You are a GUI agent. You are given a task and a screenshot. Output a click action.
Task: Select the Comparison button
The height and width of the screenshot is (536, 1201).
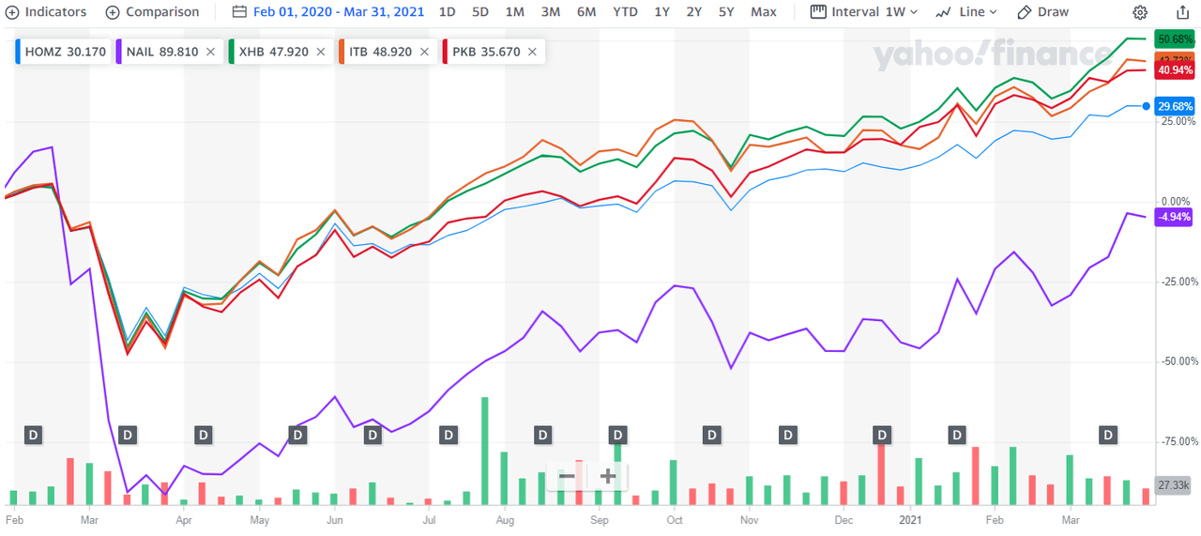click(152, 12)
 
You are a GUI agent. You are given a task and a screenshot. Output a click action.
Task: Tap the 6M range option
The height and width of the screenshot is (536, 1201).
click(586, 12)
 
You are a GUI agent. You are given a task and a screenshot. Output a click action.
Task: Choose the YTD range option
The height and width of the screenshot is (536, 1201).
click(625, 12)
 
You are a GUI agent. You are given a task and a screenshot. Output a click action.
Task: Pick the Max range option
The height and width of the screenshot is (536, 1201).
click(764, 12)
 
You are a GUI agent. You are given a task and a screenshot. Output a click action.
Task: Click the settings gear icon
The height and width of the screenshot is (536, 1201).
click(1140, 12)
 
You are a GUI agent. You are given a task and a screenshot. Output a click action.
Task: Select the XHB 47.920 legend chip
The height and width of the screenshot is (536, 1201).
click(274, 52)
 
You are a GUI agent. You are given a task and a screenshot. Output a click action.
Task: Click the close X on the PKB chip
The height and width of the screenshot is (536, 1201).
click(532, 52)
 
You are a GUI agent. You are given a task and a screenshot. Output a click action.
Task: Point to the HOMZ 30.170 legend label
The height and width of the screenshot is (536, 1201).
click(62, 52)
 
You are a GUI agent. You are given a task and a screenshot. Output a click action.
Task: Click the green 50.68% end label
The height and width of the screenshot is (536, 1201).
click(1175, 39)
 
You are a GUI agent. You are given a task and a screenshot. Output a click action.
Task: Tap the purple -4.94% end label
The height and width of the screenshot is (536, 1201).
click(1175, 217)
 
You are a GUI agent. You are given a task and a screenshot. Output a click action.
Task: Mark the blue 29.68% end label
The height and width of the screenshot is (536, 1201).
click(1175, 106)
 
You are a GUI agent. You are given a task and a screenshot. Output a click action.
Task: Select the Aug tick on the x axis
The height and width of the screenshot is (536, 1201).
click(504, 518)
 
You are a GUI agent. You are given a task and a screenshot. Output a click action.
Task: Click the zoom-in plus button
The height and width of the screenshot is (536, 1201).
click(607, 476)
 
